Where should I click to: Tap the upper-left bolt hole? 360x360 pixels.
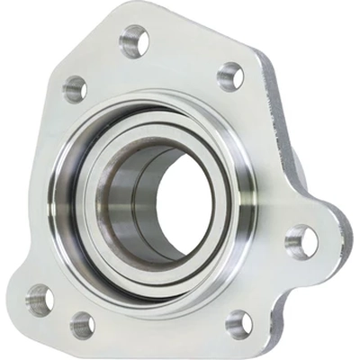pyautogui.click(x=74, y=88)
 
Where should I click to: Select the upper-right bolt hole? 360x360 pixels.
pyautogui.click(x=230, y=76)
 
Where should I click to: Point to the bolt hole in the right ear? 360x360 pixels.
pyautogui.click(x=301, y=240)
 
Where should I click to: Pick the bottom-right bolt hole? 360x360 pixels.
pyautogui.click(x=238, y=322)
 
